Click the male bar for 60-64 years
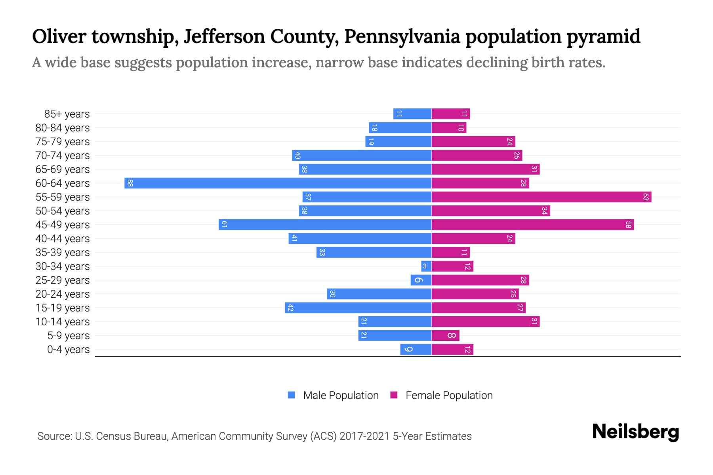(277, 183)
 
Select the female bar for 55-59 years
(541, 197)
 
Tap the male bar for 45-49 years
(325, 224)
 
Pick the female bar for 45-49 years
(532, 224)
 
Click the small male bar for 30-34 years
(426, 266)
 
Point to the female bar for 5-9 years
(445, 335)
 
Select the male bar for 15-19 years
(358, 308)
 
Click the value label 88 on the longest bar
(130, 183)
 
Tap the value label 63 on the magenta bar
(646, 197)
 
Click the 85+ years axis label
(67, 114)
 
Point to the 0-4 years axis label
(68, 350)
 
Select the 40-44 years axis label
(63, 239)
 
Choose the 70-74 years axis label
(63, 156)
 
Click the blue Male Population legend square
(292, 395)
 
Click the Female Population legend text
(449, 395)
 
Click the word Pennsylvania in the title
(402, 36)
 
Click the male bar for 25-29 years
(421, 280)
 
